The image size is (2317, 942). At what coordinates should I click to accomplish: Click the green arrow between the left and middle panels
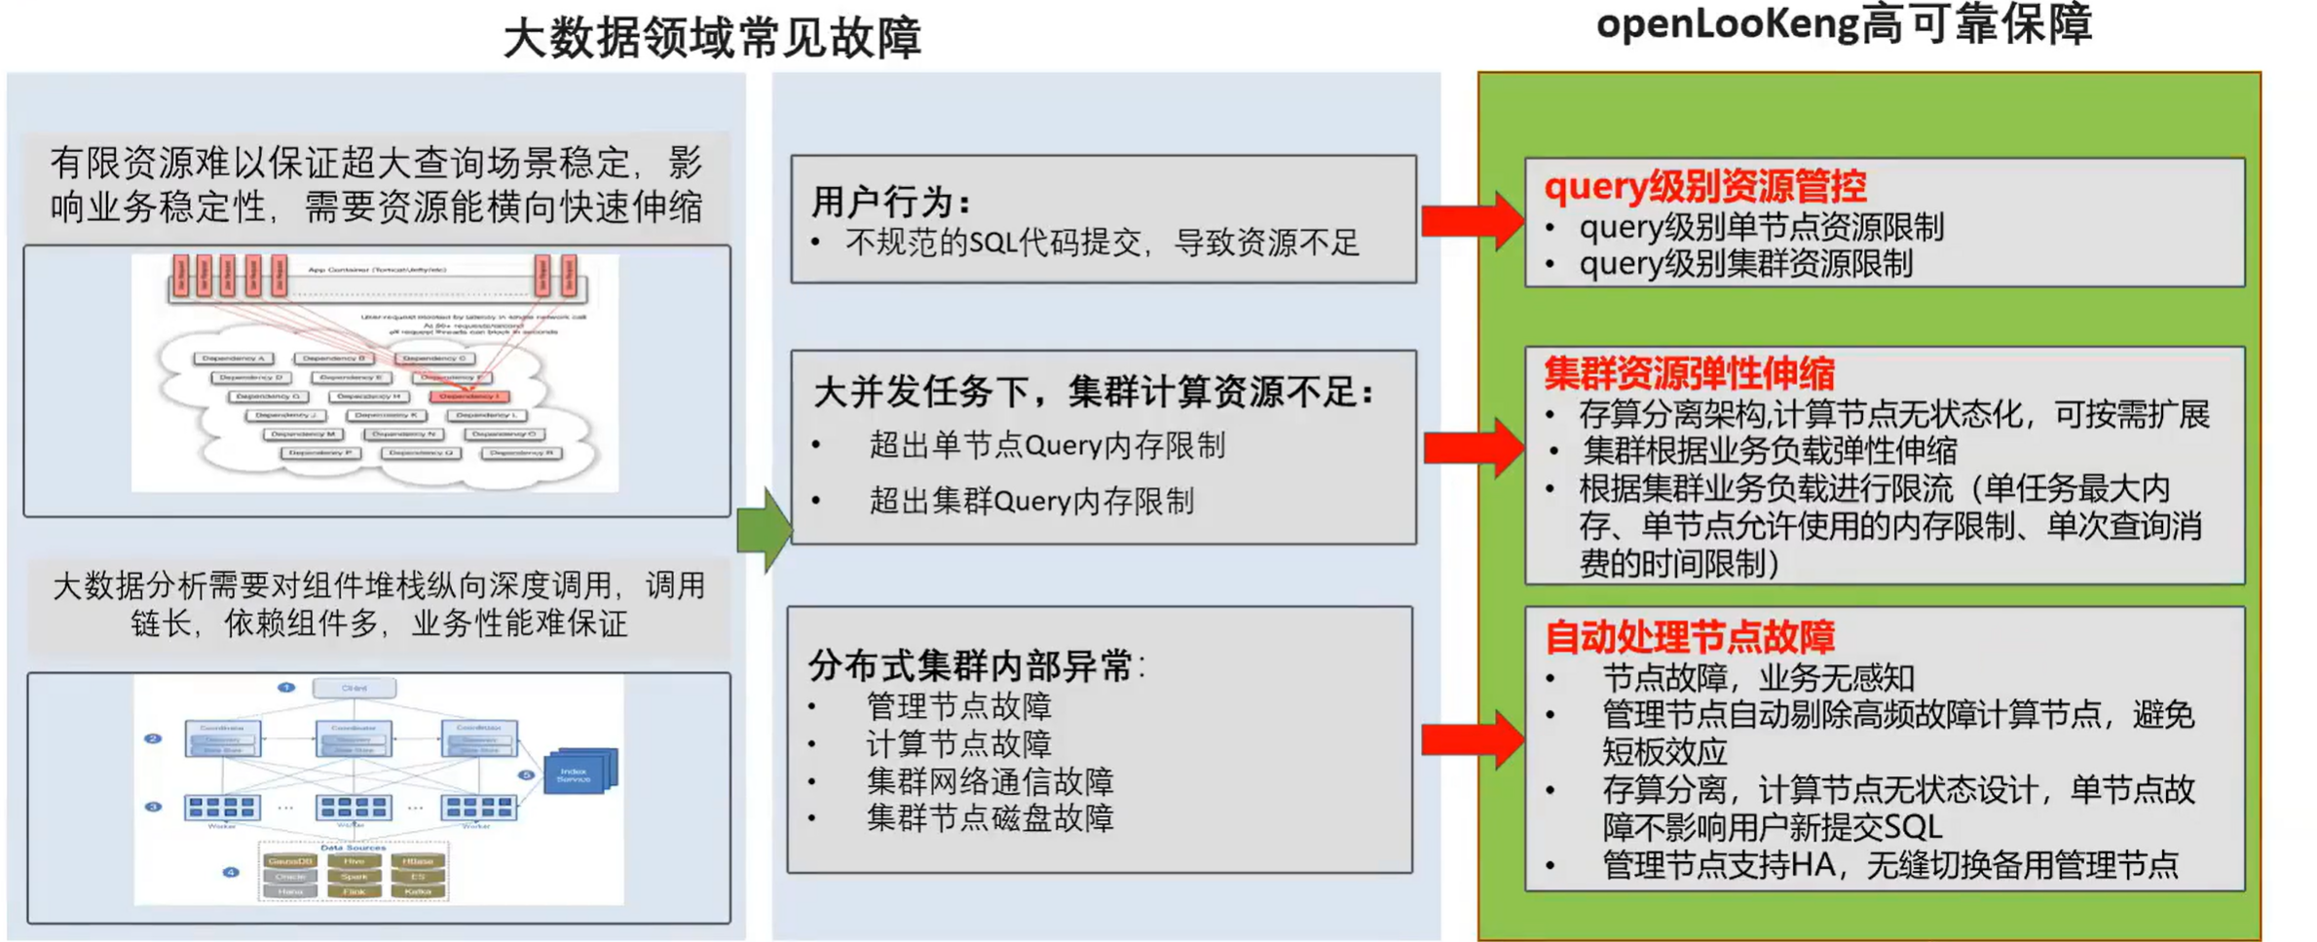pos(765,529)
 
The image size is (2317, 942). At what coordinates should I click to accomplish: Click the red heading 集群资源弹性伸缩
pos(1689,373)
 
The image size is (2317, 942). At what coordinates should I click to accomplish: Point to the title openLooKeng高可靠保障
pos(1844,24)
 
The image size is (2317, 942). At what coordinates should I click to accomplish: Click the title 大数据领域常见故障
pos(712,39)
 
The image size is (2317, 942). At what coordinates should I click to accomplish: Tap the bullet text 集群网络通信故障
pos(990,781)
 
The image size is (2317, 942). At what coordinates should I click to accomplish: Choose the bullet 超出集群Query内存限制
pos(1031,501)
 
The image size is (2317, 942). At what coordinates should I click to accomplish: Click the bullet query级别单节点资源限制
pos(1761,227)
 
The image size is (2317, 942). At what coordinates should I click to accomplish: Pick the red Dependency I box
pos(468,396)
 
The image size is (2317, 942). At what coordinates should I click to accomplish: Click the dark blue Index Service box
pos(578,774)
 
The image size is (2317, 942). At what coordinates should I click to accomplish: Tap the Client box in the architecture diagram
pos(355,688)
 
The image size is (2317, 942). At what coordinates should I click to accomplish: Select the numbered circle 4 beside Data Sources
pos(231,872)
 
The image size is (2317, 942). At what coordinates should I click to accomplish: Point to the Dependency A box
pos(234,358)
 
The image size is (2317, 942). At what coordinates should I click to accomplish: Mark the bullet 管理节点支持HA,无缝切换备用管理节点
pos(1889,864)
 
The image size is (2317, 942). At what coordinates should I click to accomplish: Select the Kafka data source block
pos(418,891)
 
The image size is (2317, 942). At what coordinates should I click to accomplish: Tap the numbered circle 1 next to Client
pos(286,688)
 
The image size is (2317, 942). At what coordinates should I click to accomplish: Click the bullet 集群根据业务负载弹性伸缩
pos(1769,451)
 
